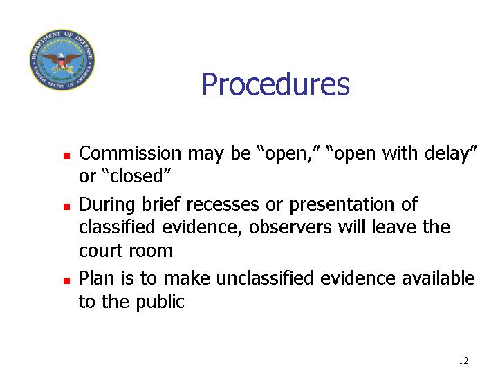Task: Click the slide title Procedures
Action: coord(275,84)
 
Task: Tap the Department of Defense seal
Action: coord(62,60)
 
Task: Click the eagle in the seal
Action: coord(62,60)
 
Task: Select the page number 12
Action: coord(463,361)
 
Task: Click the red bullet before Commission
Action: coord(66,155)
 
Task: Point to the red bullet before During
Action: coord(66,207)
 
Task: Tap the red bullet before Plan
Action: coord(66,280)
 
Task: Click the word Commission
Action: coord(130,153)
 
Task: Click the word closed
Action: coord(136,176)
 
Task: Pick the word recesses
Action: coord(222,204)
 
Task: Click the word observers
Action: coord(290,227)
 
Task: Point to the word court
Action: coord(100,251)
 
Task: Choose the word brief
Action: coord(160,204)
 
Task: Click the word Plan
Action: coord(97,278)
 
